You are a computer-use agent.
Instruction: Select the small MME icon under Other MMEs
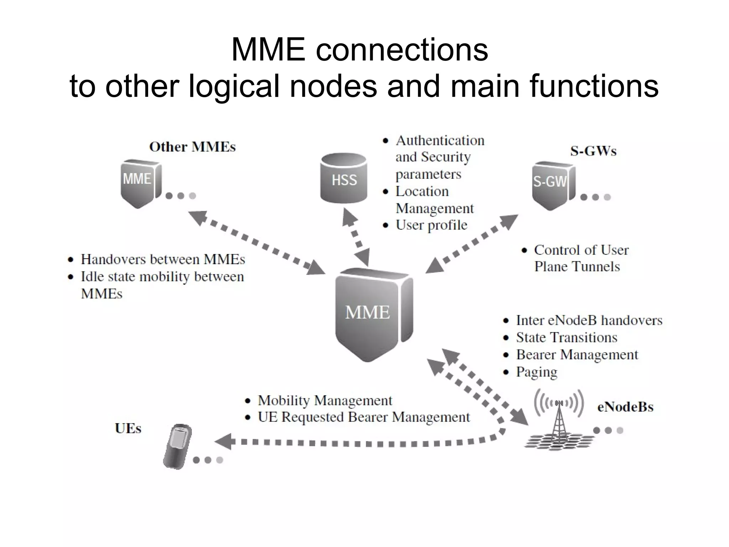pos(140,182)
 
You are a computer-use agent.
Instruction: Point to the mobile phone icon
pos(177,446)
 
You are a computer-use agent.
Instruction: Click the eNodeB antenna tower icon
pos(559,420)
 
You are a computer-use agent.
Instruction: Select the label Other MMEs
pos(192,147)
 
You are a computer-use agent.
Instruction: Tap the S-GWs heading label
pos(593,151)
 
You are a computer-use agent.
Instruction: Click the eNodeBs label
pos(625,407)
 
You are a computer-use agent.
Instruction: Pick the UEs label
pos(128,428)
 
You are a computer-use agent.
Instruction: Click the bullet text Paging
pos(536,372)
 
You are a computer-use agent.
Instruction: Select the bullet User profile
pos(431,225)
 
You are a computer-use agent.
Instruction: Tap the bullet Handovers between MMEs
pos(163,259)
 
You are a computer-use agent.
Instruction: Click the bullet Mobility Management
pos(325,400)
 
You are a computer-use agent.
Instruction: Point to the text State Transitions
pos(566,337)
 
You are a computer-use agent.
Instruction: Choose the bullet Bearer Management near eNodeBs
pos(577,355)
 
